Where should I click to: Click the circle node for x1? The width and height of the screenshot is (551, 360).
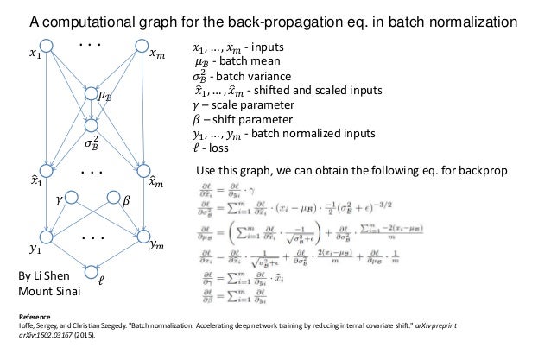pos(47,45)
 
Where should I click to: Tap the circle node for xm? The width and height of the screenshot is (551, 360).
pos(142,45)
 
